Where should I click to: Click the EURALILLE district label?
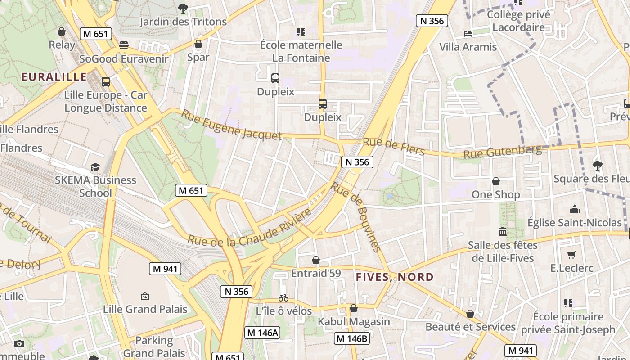pos(54,77)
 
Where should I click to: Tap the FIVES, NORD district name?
pos(395,277)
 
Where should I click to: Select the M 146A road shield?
pos(263,333)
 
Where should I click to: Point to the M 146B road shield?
pos(352,338)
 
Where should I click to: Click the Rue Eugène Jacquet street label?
pos(231,125)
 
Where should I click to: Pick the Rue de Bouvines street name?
pos(356,217)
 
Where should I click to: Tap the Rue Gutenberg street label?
pos(502,152)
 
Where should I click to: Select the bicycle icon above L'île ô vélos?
pos(283,298)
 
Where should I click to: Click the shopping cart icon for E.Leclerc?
pos(571,255)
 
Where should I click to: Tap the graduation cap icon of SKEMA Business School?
pos(95,167)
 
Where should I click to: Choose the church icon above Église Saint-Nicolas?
pos(574,209)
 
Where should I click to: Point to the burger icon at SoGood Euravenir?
pos(124,45)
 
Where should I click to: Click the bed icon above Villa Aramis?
pos(468,34)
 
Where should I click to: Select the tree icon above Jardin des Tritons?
pos(183,8)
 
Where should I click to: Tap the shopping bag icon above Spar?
pos(198,44)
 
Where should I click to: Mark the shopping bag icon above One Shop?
pos(495,181)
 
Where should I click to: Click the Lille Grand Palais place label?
pos(145,309)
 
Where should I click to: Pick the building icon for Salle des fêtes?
pos(503,232)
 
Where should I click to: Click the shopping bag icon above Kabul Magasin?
pos(354,308)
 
